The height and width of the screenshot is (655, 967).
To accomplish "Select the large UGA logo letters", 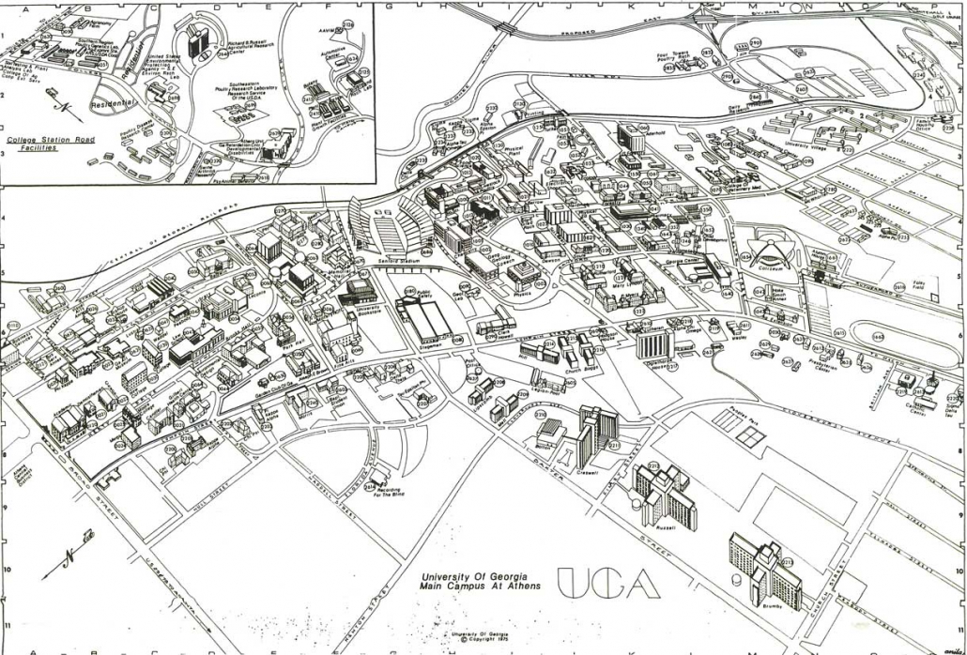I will point(606,583).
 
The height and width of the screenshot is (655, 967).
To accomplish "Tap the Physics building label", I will point(522,293).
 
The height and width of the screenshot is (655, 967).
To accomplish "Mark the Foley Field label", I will point(899,287).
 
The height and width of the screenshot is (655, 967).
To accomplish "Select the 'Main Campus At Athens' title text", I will point(467,586).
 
